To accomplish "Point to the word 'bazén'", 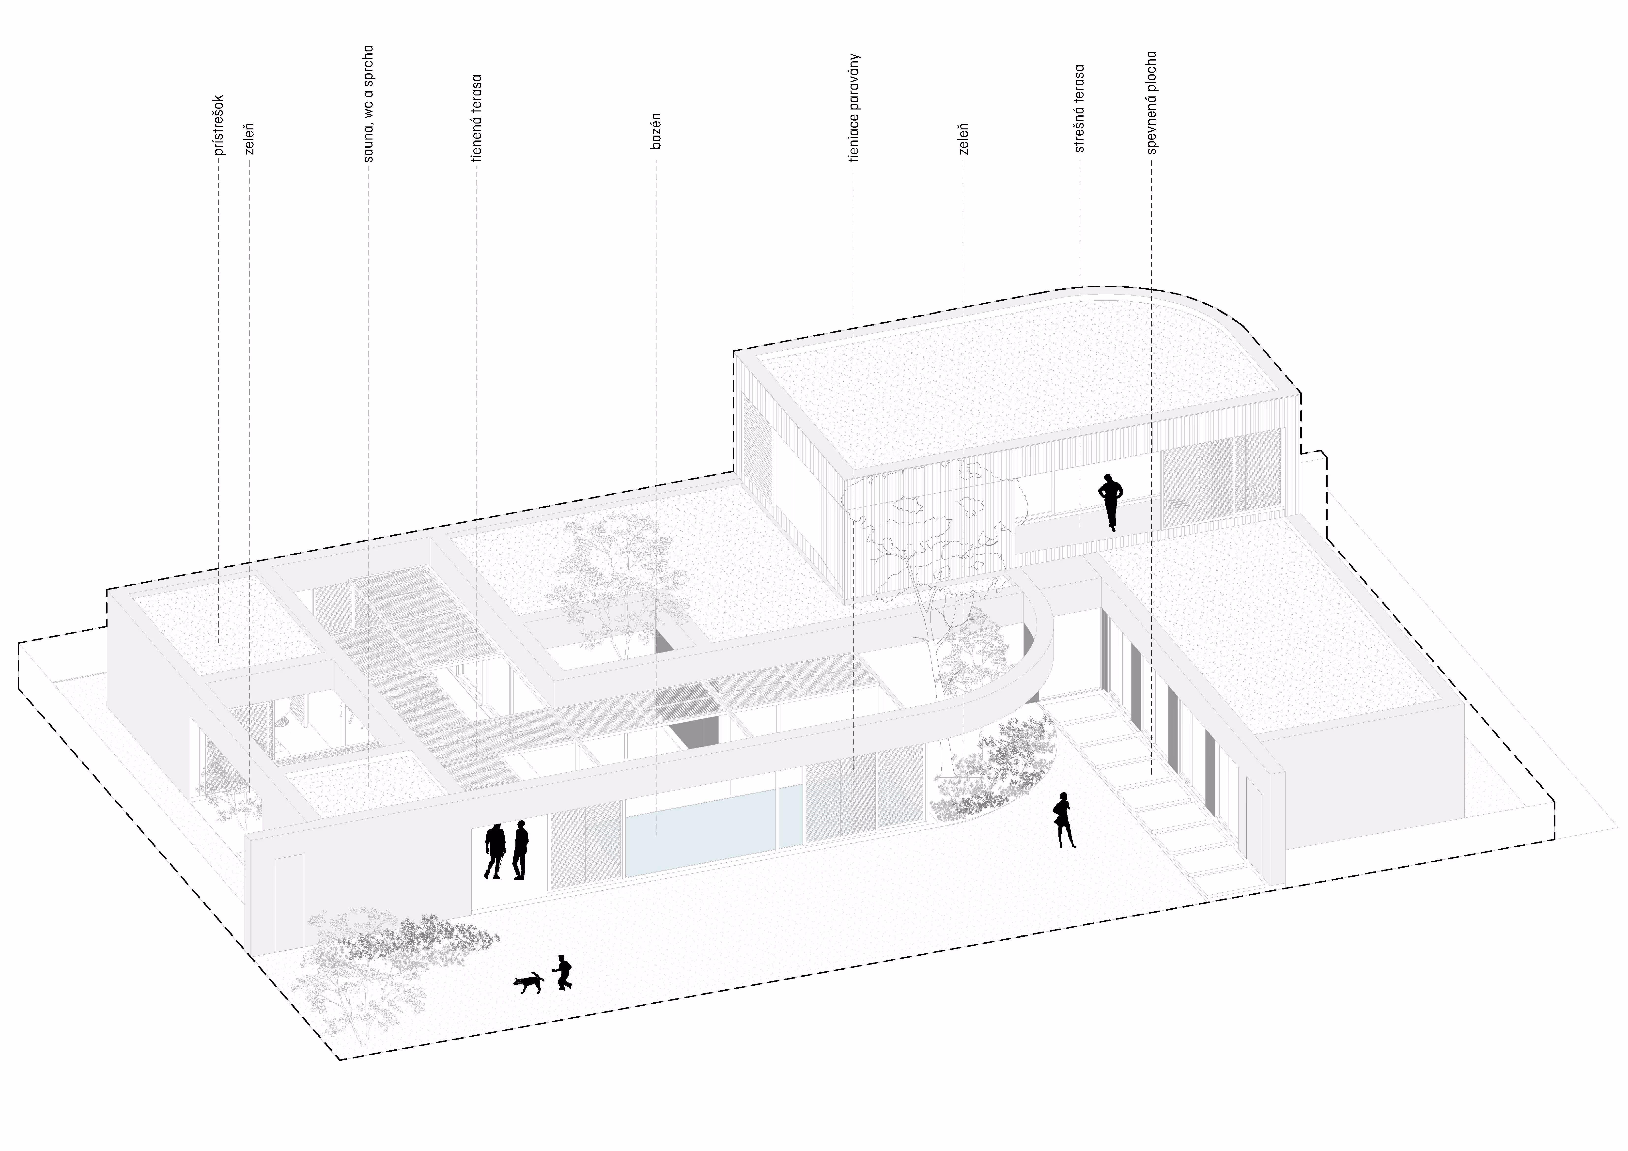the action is click(656, 130).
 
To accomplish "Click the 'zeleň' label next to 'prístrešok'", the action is click(249, 139).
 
